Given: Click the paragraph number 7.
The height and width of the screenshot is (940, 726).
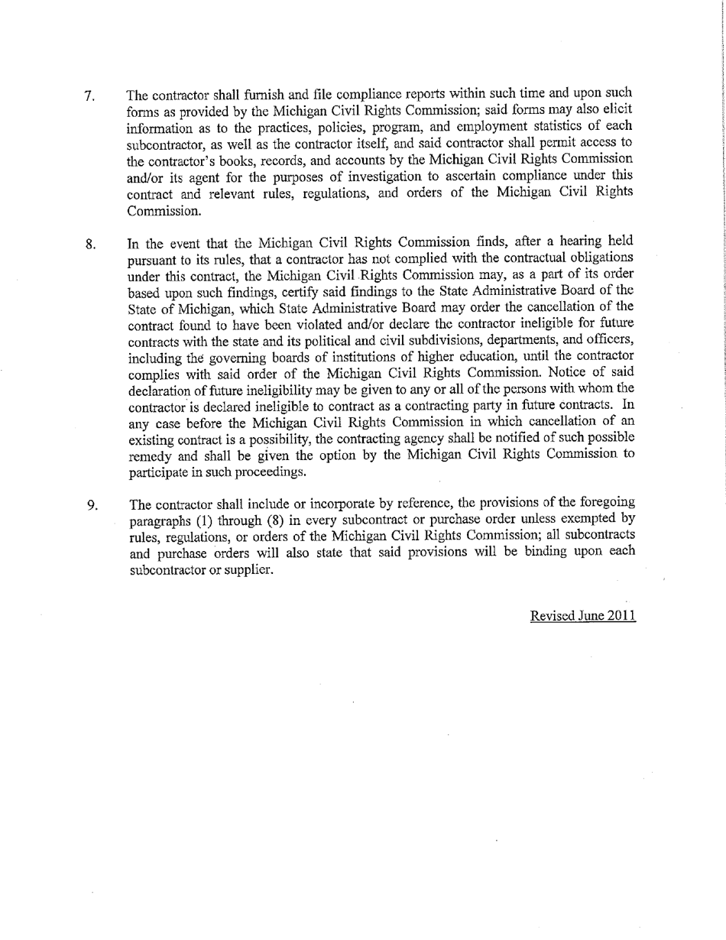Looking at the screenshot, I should pyautogui.click(x=89, y=97).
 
